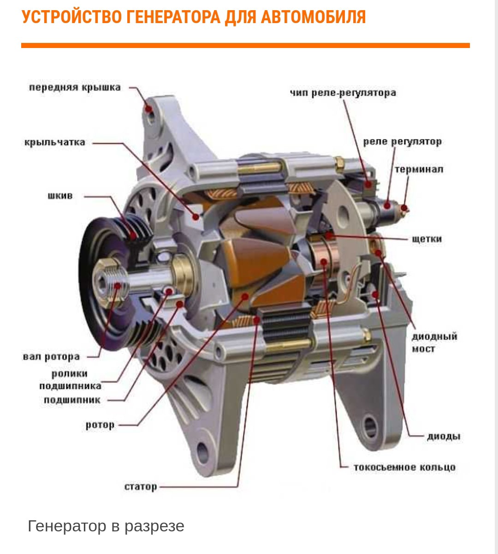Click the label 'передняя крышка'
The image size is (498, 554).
click(75, 87)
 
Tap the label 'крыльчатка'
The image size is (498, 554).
click(55, 142)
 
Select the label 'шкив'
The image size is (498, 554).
click(60, 196)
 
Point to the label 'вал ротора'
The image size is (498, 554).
click(51, 357)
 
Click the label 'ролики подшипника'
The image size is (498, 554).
click(70, 380)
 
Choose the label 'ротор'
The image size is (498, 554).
click(100, 425)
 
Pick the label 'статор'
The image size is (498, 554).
click(141, 487)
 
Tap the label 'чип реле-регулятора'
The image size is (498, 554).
click(343, 93)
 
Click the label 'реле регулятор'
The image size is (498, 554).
click(402, 141)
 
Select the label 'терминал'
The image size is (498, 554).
click(419, 169)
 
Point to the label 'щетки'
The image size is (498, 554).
click(427, 239)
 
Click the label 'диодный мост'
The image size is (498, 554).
click(434, 343)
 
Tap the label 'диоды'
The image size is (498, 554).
click(444, 436)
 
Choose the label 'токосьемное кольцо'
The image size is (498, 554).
click(404, 467)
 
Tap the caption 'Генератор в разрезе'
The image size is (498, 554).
click(106, 526)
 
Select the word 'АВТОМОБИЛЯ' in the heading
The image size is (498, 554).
click(314, 18)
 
